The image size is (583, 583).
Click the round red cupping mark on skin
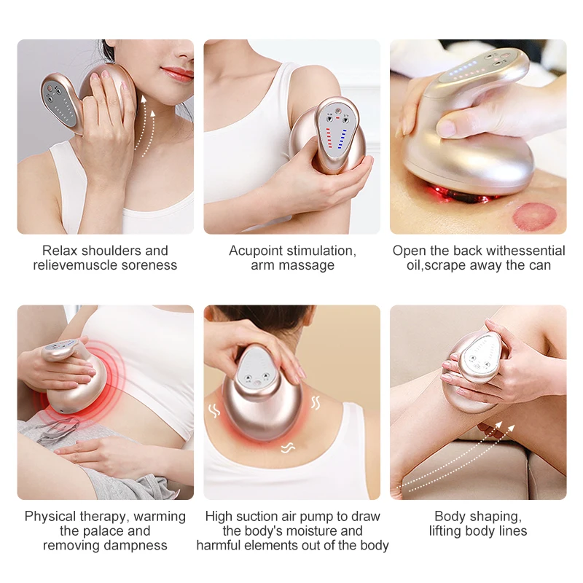click(533, 217)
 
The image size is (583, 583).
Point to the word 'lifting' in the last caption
click(449, 531)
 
